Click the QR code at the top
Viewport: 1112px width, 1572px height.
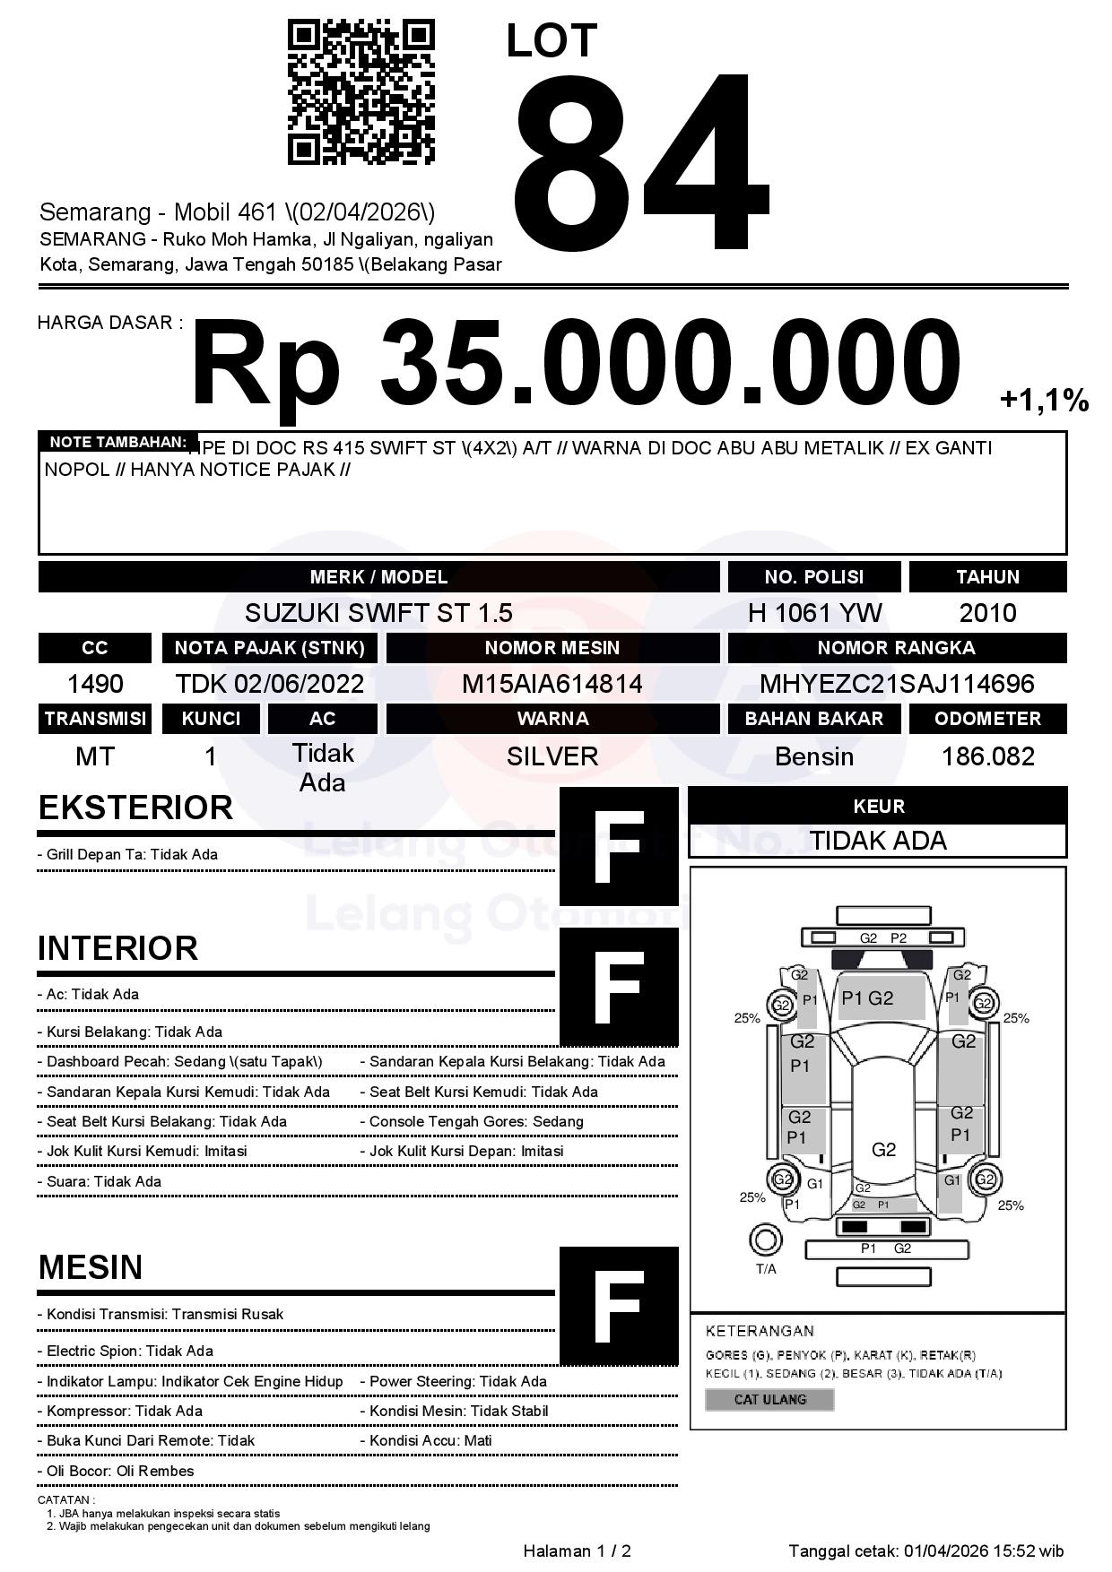pyautogui.click(x=361, y=92)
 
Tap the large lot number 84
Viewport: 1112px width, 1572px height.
pyautogui.click(x=640, y=161)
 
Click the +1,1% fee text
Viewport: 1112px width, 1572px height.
pyautogui.click(x=1043, y=400)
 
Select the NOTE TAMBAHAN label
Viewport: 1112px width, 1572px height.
pyautogui.click(x=117, y=442)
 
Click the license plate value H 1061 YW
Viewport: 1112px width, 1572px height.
pyautogui.click(x=814, y=613)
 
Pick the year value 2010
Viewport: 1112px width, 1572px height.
pyautogui.click(x=987, y=613)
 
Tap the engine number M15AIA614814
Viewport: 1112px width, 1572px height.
pyautogui.click(x=552, y=685)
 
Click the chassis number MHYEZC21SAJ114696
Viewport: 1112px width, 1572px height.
pyautogui.click(x=897, y=685)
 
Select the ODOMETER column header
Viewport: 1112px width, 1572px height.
pyautogui.click(x=987, y=719)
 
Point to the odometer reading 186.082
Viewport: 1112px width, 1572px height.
pyautogui.click(x=987, y=757)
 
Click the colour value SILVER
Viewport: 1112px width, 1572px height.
pyautogui.click(x=552, y=757)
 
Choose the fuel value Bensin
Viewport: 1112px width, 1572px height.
pyautogui.click(x=814, y=757)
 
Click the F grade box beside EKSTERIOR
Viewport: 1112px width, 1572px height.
pyautogui.click(x=619, y=847)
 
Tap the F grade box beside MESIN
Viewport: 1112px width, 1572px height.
pyautogui.click(x=619, y=1306)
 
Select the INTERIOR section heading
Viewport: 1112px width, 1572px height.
pyautogui.click(x=117, y=948)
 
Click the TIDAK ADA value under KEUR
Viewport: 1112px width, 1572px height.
pyautogui.click(x=878, y=841)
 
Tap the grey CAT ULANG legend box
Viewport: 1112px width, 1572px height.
pyautogui.click(x=769, y=1399)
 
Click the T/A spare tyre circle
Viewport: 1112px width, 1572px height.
pyautogui.click(x=765, y=1240)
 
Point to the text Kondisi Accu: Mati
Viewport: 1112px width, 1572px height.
pyautogui.click(x=430, y=1441)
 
